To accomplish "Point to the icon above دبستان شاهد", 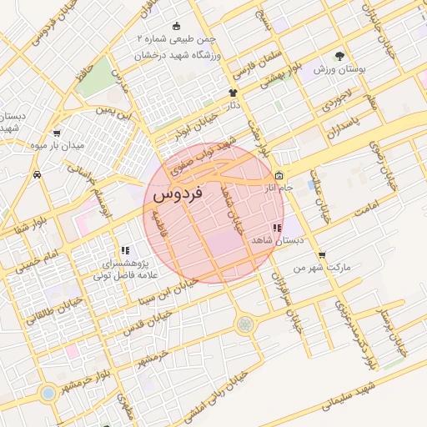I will tap(276, 228).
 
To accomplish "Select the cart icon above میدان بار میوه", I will tap(56, 133).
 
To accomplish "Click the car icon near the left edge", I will tap(38, 174).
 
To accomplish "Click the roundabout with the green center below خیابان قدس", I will tap(244, 324).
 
